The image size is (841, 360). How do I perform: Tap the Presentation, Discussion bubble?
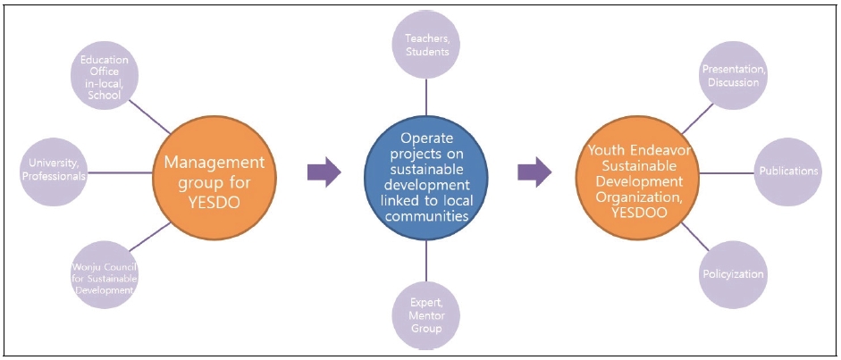[730, 77]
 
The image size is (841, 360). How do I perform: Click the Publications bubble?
[786, 171]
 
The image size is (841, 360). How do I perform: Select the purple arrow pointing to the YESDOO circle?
[534, 172]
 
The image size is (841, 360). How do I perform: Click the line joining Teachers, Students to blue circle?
[426, 97]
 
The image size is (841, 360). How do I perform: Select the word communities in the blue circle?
[426, 216]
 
